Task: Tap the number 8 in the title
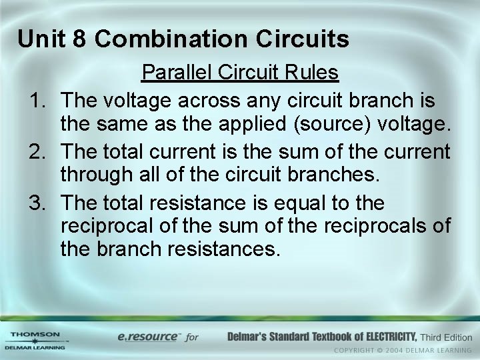coord(79,39)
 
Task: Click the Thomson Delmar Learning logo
coord(35,340)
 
